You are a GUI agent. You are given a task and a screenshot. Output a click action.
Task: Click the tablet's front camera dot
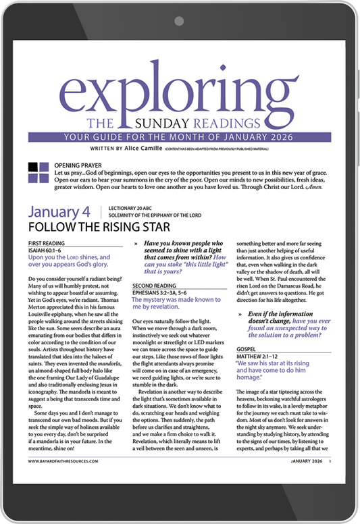(x=180, y=20)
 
